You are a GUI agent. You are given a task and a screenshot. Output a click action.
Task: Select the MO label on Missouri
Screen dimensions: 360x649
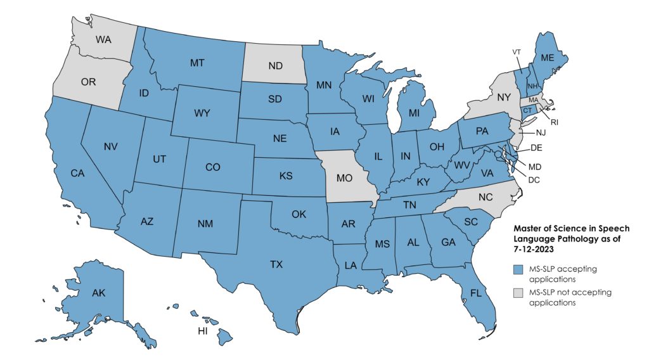(x=344, y=179)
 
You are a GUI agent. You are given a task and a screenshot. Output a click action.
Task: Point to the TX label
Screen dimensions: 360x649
(x=276, y=264)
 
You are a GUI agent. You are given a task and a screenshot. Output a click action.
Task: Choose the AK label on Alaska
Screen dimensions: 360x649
(x=98, y=293)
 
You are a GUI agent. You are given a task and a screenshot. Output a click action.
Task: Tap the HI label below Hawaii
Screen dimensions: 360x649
(x=202, y=331)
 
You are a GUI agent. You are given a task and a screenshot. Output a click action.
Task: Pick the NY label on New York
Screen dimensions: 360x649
(x=504, y=98)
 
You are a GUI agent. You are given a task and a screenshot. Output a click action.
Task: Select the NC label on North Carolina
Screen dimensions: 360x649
(x=485, y=197)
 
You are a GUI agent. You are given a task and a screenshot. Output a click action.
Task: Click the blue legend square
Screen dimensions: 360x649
(x=518, y=269)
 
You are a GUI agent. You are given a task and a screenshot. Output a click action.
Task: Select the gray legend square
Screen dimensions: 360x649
(x=518, y=292)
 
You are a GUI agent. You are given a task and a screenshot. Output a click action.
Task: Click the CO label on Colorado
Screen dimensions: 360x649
(x=213, y=167)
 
